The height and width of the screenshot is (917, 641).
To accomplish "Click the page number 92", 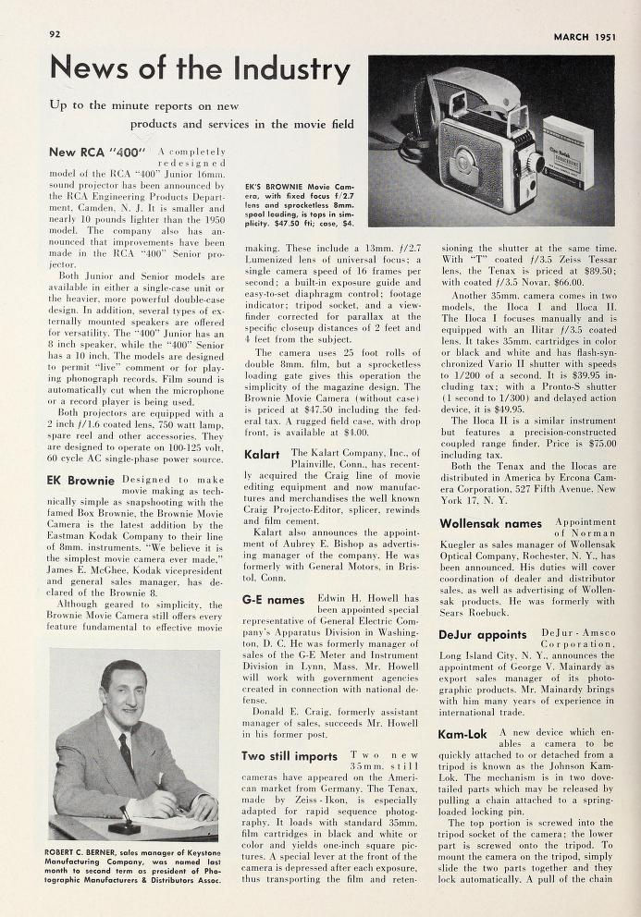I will click(x=55, y=34).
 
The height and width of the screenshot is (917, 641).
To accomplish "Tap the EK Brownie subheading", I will click(x=80, y=481).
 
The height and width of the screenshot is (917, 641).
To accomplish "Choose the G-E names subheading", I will click(x=273, y=600).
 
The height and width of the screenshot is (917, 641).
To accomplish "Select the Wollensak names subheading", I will click(x=489, y=523).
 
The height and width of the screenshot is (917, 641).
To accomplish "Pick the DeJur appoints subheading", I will click(x=482, y=635).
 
